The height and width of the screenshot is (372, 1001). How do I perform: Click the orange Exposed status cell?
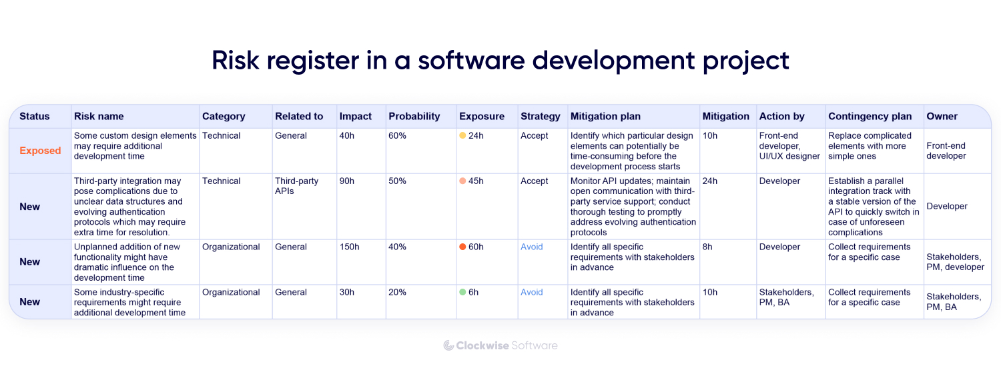[x=40, y=151]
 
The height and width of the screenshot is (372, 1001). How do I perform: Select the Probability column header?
[x=414, y=116]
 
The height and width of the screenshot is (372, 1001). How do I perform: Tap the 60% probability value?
[x=397, y=136]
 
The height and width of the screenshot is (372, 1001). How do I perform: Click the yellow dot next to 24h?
[x=462, y=135]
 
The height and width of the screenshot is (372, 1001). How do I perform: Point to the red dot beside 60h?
[x=462, y=247]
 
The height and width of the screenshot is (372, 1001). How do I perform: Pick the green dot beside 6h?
[x=462, y=292]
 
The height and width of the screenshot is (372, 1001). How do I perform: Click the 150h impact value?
[x=350, y=247]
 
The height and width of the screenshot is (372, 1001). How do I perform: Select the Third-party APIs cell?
[x=297, y=186]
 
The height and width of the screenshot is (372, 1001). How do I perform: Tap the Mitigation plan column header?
[x=605, y=116]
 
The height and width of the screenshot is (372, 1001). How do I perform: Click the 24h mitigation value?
[x=709, y=181]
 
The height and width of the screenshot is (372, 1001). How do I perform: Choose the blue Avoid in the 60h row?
[x=532, y=247]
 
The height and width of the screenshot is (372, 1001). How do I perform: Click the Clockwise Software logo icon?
[x=448, y=345]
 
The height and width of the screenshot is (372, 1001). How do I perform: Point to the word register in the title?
[x=313, y=61]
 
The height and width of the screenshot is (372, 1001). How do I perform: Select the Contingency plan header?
[x=870, y=116]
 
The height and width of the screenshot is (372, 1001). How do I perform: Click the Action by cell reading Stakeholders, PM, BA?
[x=787, y=297]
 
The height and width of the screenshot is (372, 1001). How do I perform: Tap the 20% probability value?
[x=397, y=293]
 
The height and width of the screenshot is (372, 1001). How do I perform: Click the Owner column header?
[x=942, y=116]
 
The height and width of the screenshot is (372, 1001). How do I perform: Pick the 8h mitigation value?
[x=707, y=247]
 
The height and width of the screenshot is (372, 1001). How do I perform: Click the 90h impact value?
[x=347, y=181]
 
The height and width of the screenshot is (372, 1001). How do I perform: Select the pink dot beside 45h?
[x=462, y=181]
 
